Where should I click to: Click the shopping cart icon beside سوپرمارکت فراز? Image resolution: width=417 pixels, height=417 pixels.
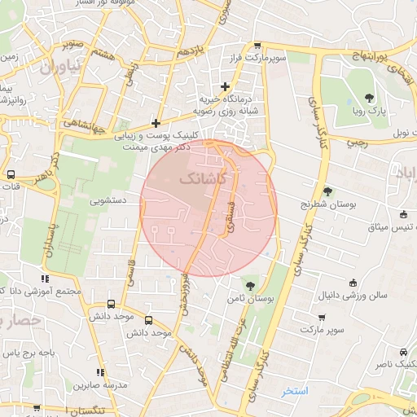pyautogui.click(x=258, y=46)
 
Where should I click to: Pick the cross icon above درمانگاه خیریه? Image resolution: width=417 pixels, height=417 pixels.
pyautogui.click(x=226, y=86)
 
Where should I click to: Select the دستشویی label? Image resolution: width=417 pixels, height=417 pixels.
pyautogui.click(x=108, y=199)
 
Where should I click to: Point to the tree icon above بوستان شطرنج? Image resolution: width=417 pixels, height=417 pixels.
pyautogui.click(x=327, y=191)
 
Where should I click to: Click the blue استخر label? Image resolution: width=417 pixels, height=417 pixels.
pyautogui.click(x=295, y=392)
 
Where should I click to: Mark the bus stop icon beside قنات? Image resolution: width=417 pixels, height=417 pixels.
pyautogui.click(x=11, y=174)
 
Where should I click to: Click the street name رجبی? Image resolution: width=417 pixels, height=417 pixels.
pyautogui.click(x=358, y=142)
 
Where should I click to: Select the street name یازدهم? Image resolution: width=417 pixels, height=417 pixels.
pyautogui.click(x=188, y=51)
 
